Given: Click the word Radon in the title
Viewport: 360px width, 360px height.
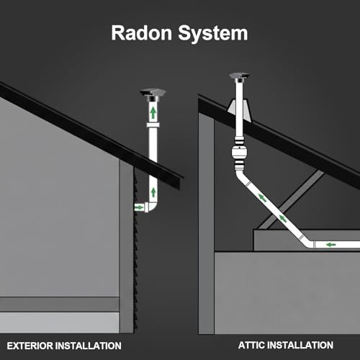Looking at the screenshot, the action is point(142,33).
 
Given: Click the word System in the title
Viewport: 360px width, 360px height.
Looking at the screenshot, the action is point(213,34).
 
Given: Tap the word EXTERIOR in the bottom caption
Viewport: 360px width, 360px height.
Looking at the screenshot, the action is point(30,346).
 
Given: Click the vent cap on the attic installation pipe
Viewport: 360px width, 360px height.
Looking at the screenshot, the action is point(240,77).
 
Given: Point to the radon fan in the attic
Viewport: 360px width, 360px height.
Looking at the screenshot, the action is point(240,153).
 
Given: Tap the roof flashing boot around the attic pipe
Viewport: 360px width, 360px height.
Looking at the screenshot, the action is point(239,110).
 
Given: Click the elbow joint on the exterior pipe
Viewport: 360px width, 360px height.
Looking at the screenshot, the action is point(151,207).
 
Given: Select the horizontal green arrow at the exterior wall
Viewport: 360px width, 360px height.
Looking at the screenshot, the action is point(139,207).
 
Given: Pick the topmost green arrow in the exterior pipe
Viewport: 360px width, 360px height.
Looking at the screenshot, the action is point(153,112).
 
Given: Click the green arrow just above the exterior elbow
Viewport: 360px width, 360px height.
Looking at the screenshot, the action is point(153,192).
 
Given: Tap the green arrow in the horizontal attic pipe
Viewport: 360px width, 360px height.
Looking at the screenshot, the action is point(331,245).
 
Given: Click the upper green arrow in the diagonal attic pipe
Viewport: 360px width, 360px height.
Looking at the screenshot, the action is point(263,198).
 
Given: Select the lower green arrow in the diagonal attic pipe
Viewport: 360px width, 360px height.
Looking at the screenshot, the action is point(282,218).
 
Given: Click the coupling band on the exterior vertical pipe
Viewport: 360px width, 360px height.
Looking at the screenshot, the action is point(153,125).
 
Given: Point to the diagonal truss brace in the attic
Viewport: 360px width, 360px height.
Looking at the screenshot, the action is point(292,199).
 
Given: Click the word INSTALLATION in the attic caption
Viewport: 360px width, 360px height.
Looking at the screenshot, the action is point(300,345).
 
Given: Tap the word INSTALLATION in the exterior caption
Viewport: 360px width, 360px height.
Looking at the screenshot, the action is point(89,346).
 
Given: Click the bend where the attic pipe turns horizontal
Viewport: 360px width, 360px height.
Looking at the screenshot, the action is point(308,243).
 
